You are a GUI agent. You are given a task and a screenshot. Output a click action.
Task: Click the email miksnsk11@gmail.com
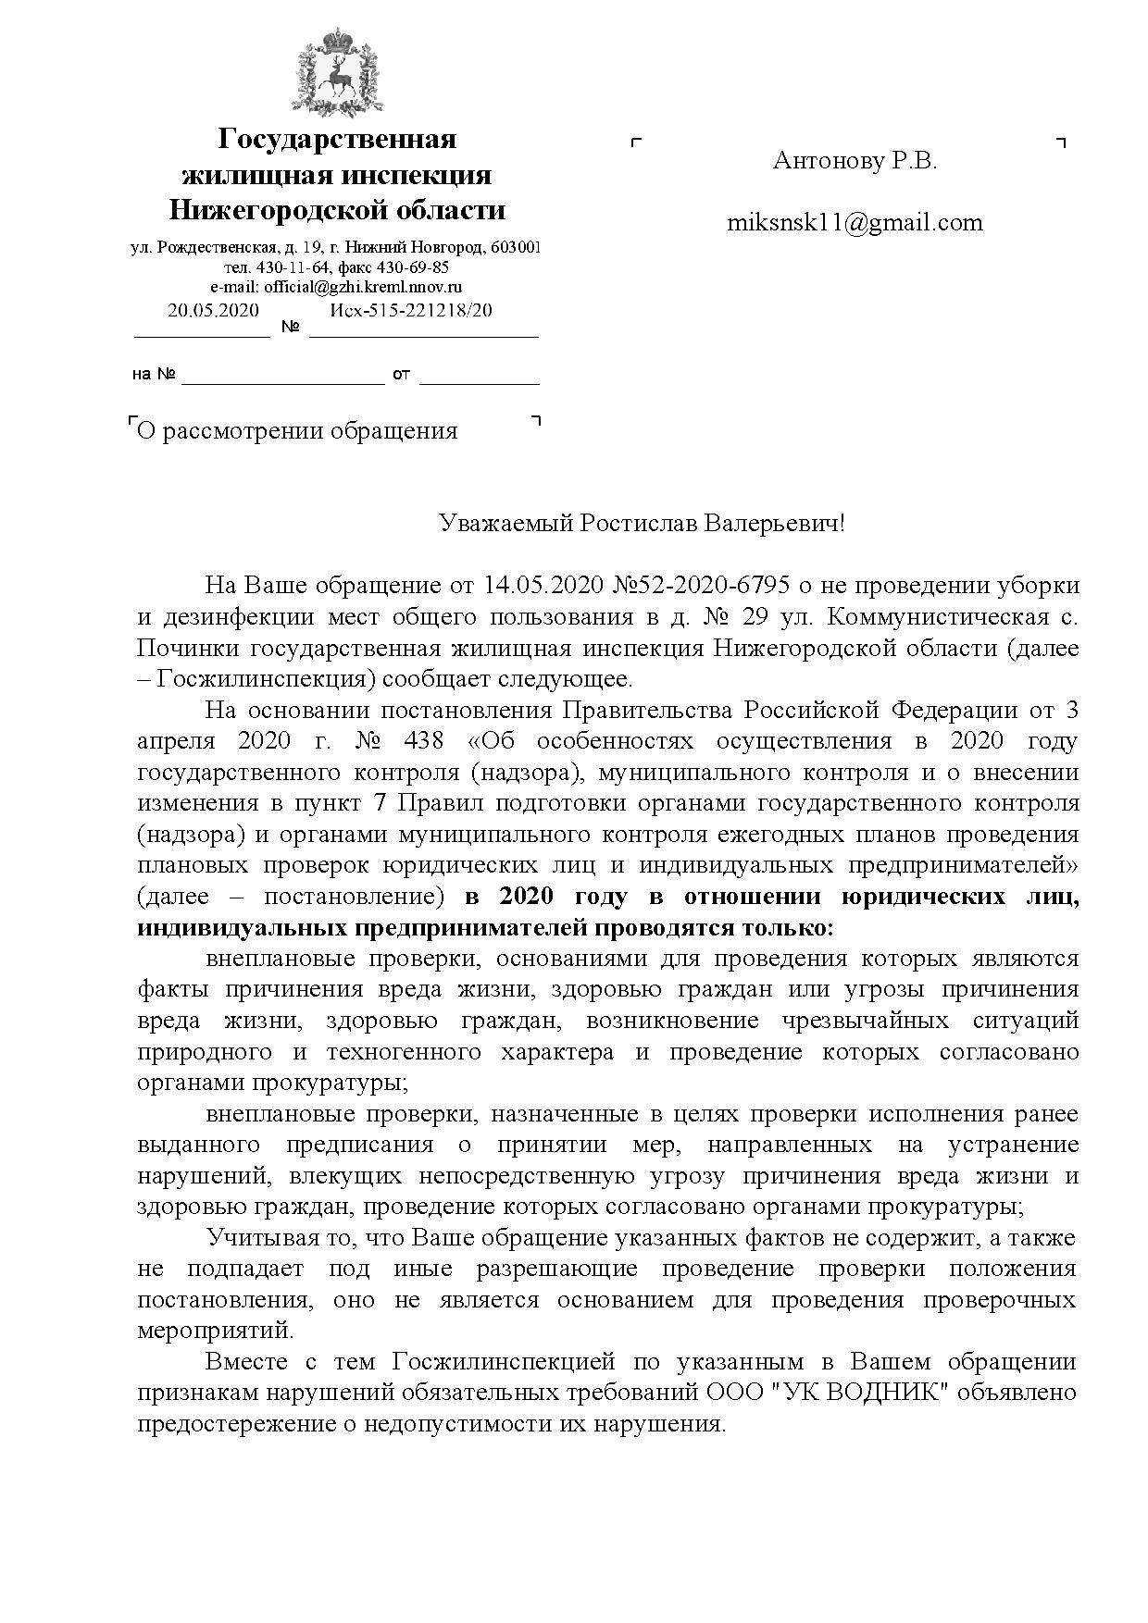coord(855,222)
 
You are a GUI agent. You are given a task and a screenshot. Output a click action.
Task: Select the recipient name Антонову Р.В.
coord(855,161)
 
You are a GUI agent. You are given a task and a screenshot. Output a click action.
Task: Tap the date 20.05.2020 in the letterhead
coord(213,311)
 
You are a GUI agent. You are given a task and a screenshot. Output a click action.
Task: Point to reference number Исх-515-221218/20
coord(411,311)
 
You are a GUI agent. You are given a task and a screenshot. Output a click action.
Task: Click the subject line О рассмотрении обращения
coord(297,430)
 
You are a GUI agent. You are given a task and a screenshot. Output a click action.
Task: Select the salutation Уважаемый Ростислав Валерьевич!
coord(642,524)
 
